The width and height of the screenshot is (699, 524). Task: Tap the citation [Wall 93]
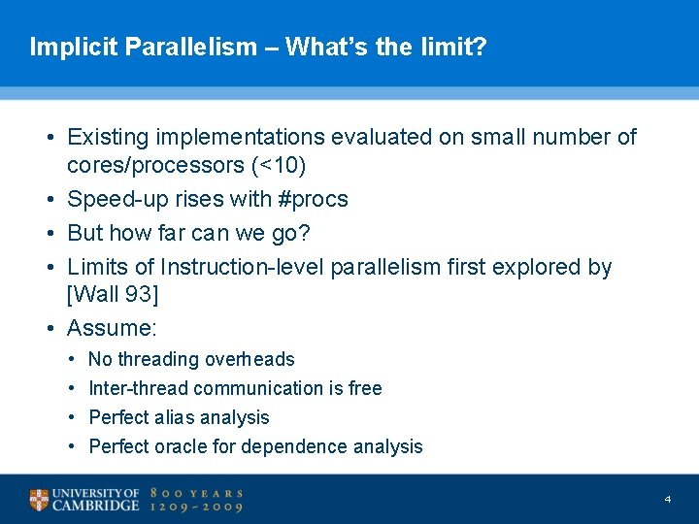point(112,295)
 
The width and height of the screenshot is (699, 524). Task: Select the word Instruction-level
point(243,267)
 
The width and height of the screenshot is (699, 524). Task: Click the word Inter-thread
point(139,389)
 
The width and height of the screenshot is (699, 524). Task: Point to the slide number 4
point(668,499)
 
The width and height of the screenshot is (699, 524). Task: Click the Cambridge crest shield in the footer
point(39,500)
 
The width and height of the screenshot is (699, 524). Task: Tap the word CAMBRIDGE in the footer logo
point(95,507)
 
